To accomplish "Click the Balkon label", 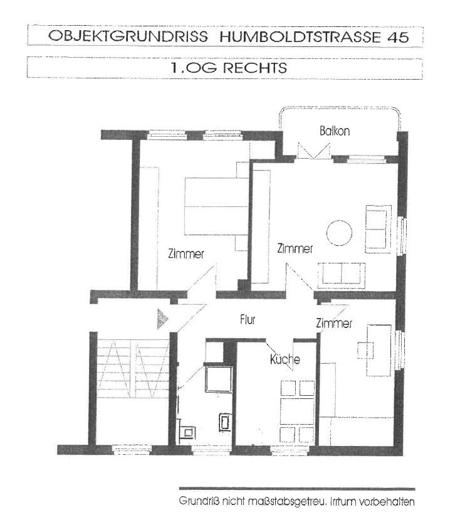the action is [335, 131].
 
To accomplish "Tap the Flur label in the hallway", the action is [248, 319].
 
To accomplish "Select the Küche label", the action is [285, 359].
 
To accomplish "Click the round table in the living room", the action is [339, 233].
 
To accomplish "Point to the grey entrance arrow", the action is [163, 319].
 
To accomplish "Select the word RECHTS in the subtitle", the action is [255, 68].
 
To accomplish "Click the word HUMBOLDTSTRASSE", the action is [300, 37].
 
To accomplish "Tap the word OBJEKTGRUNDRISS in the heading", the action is [128, 36].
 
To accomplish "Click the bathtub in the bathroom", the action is [219, 379].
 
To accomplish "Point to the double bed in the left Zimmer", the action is [217, 206].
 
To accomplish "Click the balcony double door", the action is [314, 151].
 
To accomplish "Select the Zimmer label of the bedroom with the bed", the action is [186, 254].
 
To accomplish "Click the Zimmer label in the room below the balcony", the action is [295, 248].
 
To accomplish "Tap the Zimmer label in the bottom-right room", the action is [334, 323].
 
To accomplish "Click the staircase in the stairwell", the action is [133, 369].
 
